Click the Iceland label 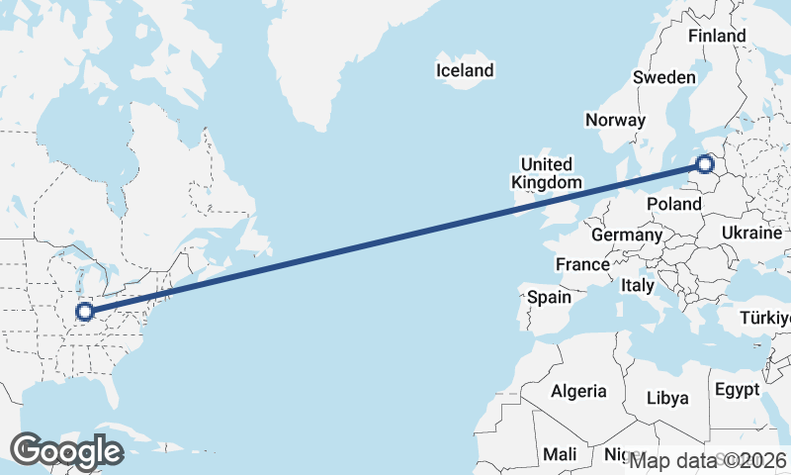coord(465,70)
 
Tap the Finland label coord(717,36)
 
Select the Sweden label coord(664,77)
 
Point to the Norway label coord(615,120)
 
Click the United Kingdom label coord(546,173)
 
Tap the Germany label coord(626,236)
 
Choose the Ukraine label coord(751,234)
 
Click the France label coord(582,264)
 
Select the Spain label coord(549,297)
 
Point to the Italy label coord(638,285)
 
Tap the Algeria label coord(578,391)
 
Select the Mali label coord(560,454)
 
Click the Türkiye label coord(766,319)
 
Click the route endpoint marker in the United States coord(86,312)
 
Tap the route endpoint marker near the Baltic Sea coord(705,164)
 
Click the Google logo coord(66,451)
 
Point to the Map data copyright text coord(708,461)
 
